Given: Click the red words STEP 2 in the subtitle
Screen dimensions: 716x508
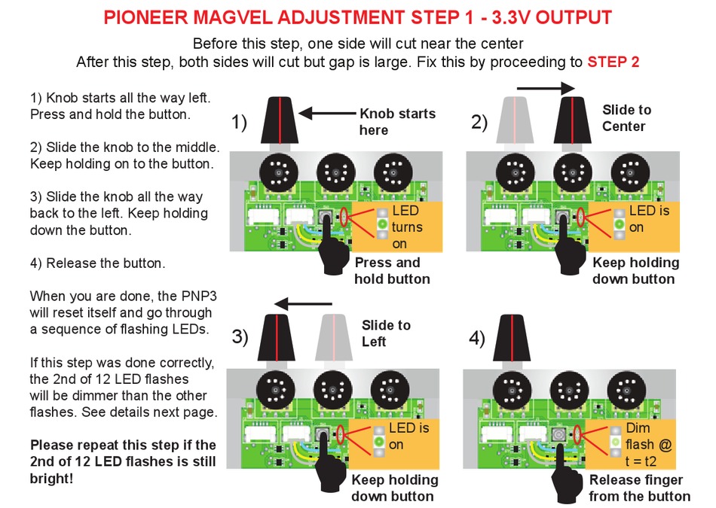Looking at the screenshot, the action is pos(613,62).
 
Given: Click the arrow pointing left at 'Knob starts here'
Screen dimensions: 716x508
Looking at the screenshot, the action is pos(327,114).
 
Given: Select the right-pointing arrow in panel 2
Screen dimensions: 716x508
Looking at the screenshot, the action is pos(546,88).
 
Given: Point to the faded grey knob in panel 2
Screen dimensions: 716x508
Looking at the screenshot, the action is pos(516,121).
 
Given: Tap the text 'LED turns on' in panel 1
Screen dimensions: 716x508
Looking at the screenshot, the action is pos(407,227).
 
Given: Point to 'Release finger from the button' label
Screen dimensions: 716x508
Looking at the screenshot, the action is pos(639,488).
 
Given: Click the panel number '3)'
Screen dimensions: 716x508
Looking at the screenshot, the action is pos(240,336).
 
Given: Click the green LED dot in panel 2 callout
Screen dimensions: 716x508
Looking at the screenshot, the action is pos(618,224).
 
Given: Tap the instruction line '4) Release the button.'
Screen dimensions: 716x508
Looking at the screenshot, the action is pos(98,263).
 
